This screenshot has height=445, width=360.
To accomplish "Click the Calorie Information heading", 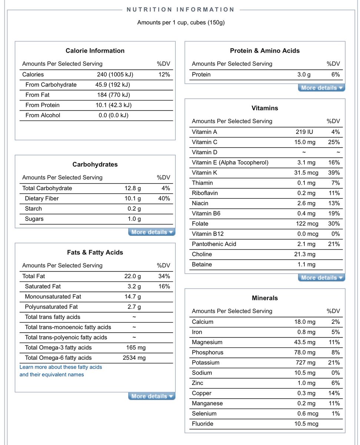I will click(95, 51).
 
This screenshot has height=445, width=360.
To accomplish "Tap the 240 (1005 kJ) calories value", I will click(115, 75).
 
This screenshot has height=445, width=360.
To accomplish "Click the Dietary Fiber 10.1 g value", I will click(132, 198).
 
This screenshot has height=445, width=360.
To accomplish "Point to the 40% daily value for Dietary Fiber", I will click(164, 198).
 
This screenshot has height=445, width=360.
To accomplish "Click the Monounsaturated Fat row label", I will click(53, 297).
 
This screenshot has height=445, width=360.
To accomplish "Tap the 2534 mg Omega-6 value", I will click(134, 358).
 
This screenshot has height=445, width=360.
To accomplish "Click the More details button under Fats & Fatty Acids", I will click(152, 396).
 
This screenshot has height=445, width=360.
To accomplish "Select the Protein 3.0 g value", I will click(304, 75).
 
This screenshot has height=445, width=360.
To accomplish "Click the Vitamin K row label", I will click(204, 173).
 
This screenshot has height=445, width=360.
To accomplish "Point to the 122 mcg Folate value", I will click(306, 224).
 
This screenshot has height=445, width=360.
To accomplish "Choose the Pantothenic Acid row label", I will click(214, 244).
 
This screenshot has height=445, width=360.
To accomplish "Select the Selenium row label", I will click(204, 413).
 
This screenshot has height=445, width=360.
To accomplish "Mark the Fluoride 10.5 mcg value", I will click(306, 424).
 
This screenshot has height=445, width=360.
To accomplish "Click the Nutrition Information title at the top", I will click(181, 10).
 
